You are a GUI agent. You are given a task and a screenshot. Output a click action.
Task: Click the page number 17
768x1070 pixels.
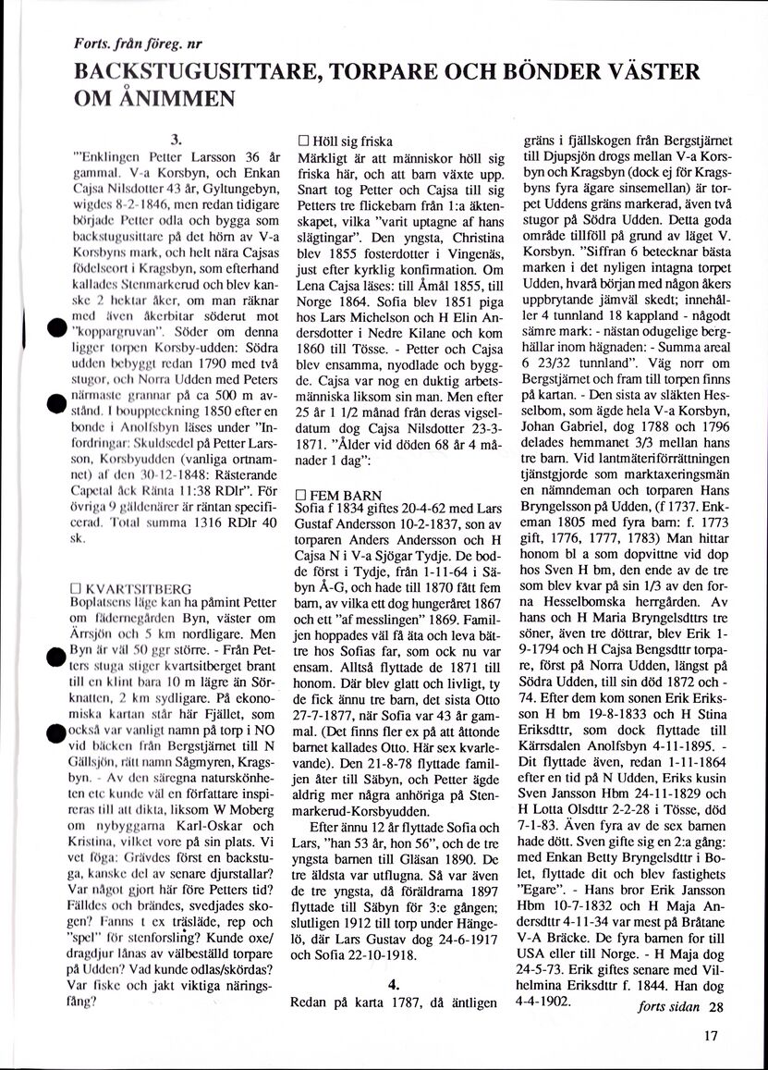pos(709,1036)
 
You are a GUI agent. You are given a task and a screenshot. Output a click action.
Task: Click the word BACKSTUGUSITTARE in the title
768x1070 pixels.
pos(189,72)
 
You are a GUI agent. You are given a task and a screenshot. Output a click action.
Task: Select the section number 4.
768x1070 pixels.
pos(394,984)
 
